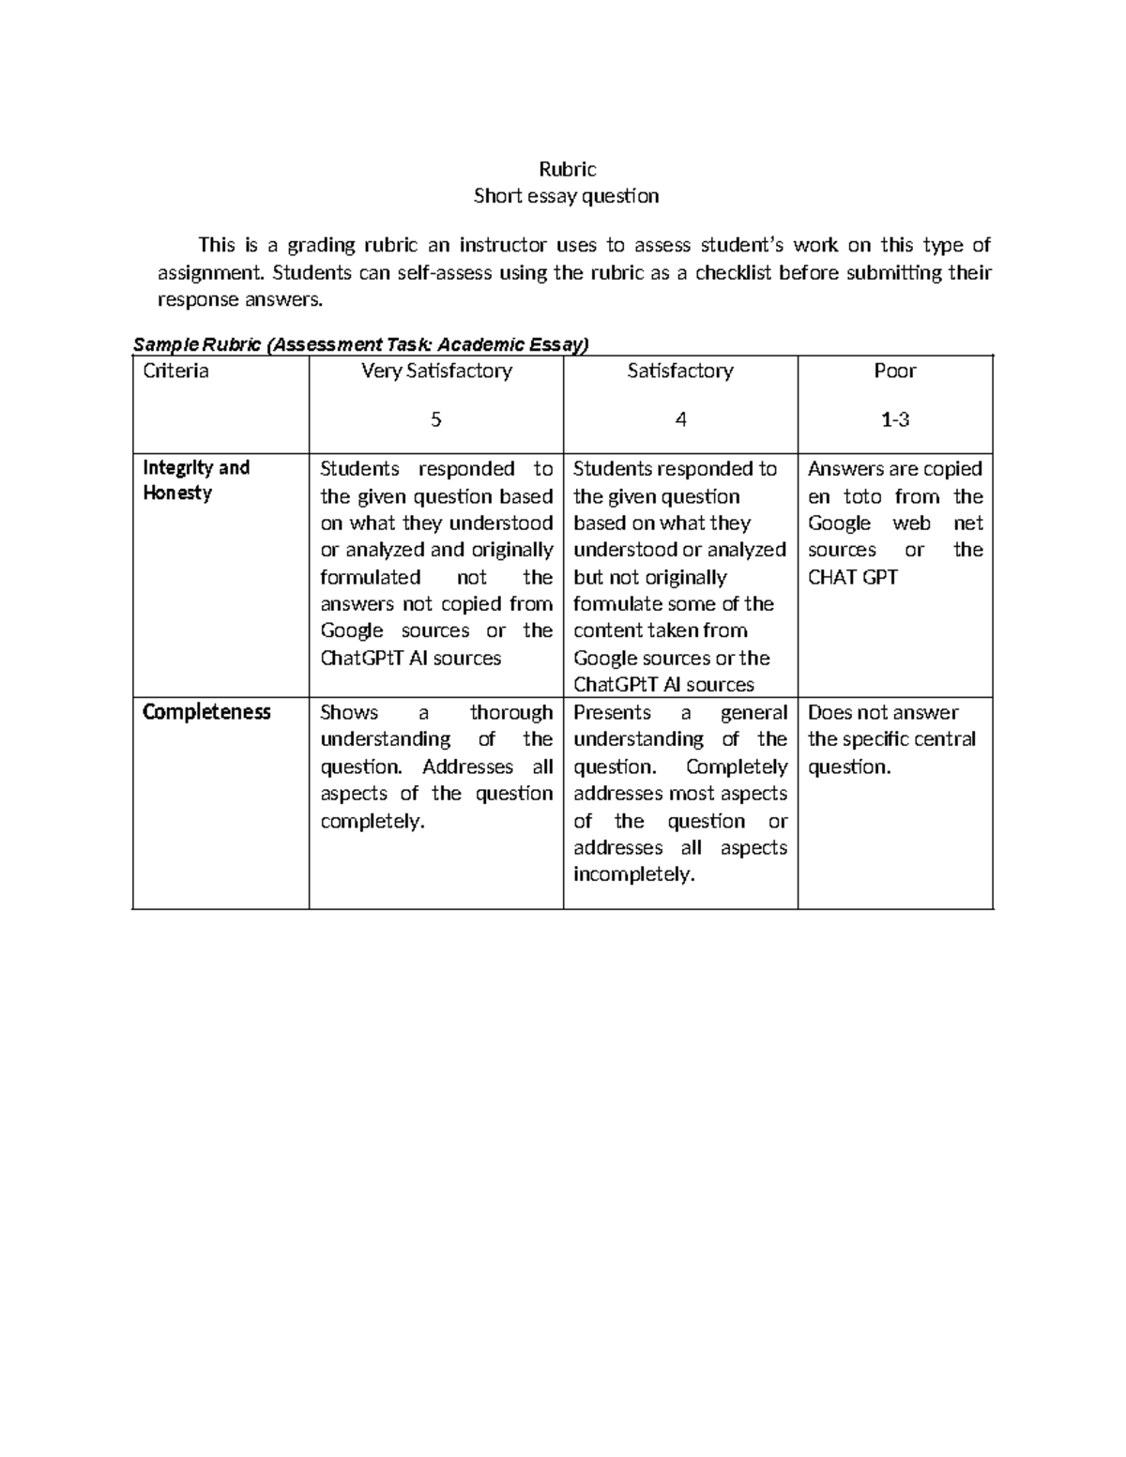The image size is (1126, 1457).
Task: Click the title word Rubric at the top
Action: click(x=567, y=169)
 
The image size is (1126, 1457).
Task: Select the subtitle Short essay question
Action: click(x=566, y=196)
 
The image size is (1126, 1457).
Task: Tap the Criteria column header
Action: click(x=175, y=371)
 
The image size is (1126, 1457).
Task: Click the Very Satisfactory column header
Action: click(x=436, y=371)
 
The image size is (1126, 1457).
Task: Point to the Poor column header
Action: click(x=894, y=371)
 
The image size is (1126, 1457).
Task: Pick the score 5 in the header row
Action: click(x=435, y=419)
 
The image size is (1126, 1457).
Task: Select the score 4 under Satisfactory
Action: click(x=680, y=419)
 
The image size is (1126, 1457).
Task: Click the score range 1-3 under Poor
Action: click(x=894, y=419)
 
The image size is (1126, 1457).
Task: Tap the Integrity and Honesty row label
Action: click(x=195, y=479)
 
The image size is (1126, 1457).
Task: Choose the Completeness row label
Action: click(x=205, y=712)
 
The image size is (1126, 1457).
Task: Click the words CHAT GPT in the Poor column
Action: click(x=852, y=577)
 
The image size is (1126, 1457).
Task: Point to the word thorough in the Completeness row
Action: click(x=510, y=712)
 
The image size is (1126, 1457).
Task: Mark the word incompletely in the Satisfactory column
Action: click(x=633, y=874)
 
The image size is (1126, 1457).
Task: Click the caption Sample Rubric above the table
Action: click(x=198, y=344)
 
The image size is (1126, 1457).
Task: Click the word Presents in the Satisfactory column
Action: click(x=612, y=712)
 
